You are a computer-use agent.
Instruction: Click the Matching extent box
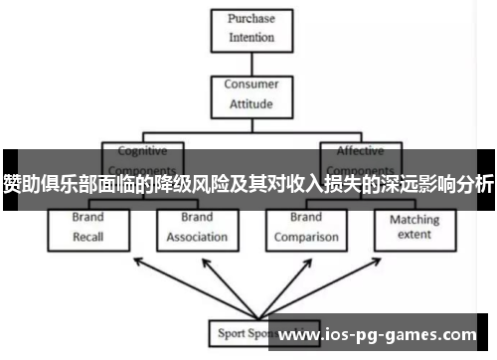click(x=414, y=226)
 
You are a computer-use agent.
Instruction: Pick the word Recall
click(x=87, y=237)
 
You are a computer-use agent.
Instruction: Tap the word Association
click(x=197, y=237)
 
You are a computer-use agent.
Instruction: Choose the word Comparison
click(x=306, y=237)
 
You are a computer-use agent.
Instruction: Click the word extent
click(x=414, y=235)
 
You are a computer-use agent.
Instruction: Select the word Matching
click(x=414, y=219)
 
